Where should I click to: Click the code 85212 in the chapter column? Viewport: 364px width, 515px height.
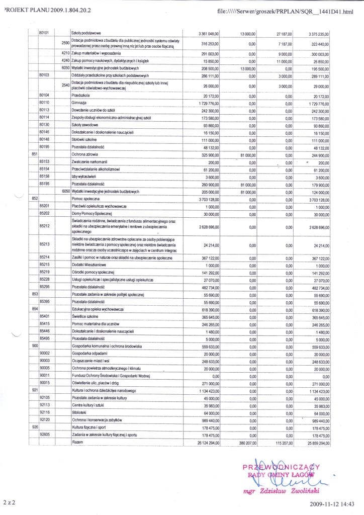(x=44, y=226)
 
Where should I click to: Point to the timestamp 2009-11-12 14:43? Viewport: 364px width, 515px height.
(x=335, y=503)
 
